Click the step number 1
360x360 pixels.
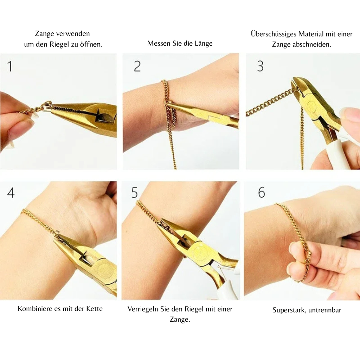[x=9, y=66]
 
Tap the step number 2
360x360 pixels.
[x=137, y=66]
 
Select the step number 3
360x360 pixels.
[x=260, y=66]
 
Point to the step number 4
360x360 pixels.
[x=11, y=193]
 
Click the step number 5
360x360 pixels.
[x=135, y=193]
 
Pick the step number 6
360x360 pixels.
[x=261, y=193]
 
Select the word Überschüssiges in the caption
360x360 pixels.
[x=274, y=34]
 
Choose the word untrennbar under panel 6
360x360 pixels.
[x=325, y=310]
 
